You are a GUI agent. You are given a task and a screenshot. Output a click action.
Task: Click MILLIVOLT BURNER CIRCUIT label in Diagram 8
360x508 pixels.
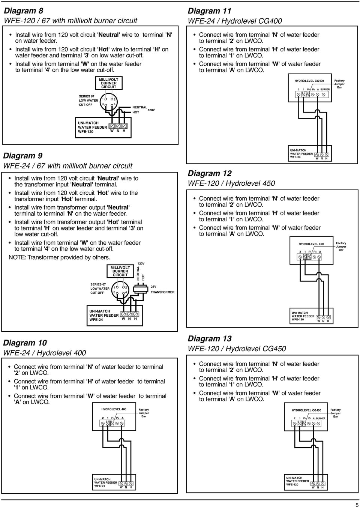[109, 83]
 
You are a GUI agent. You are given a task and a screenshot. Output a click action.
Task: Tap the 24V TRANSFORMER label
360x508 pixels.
[162, 289]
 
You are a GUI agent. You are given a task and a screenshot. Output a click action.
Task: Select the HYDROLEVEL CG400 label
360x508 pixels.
[309, 81]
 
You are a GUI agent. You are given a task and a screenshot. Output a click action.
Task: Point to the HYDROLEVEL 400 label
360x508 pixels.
[114, 409]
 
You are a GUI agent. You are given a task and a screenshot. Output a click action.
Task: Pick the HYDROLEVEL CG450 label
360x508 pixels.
[306, 410]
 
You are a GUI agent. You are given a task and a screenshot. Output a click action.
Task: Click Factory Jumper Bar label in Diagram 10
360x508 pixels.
[144, 413]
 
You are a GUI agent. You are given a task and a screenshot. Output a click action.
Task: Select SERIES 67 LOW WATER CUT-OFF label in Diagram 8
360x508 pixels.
[88, 101]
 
